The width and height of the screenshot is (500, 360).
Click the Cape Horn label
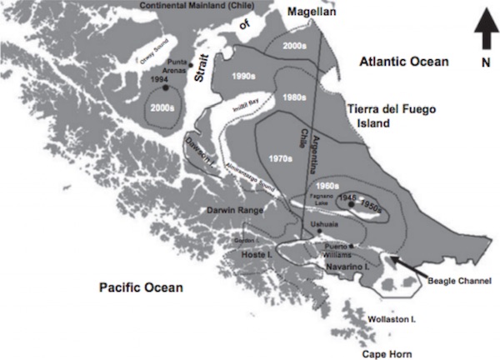tap(386, 353)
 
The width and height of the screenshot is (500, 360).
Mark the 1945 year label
tap(350, 197)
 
